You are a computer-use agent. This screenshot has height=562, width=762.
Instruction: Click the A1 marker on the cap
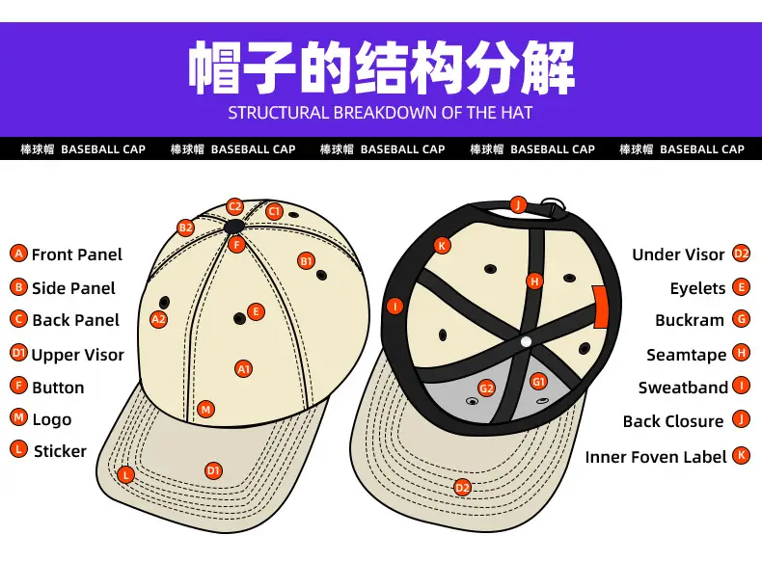(x=243, y=369)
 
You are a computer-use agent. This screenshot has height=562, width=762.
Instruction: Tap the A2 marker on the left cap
(x=158, y=319)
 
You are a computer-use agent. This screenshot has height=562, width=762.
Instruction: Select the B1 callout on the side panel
(x=306, y=261)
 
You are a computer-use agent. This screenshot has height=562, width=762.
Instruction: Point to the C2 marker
(x=234, y=207)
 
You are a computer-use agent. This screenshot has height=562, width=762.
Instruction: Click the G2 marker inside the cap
(x=486, y=388)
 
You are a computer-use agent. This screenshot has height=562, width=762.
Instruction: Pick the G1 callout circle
(x=538, y=382)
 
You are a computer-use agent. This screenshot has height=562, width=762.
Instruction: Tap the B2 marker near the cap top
(x=185, y=227)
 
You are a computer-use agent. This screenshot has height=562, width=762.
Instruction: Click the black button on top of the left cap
(x=234, y=226)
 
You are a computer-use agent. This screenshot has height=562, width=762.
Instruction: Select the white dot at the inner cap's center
(x=526, y=342)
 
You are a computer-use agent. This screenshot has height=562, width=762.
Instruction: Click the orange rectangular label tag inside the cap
(x=601, y=307)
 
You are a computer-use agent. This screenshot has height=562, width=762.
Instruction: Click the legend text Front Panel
(x=77, y=254)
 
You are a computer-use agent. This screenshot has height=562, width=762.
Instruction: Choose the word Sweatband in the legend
(x=683, y=388)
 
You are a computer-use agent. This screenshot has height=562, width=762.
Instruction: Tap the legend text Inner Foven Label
(x=656, y=457)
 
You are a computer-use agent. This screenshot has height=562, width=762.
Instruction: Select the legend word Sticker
(x=60, y=451)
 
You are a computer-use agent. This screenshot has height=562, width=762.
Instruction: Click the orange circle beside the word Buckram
(x=741, y=319)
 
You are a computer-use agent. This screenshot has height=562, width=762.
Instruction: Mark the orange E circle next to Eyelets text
(x=741, y=287)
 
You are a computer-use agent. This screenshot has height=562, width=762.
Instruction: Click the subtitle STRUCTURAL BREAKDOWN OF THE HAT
(x=380, y=113)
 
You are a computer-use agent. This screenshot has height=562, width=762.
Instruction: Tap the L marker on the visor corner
(x=125, y=474)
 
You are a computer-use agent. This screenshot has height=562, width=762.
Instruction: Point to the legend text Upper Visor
(x=78, y=355)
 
